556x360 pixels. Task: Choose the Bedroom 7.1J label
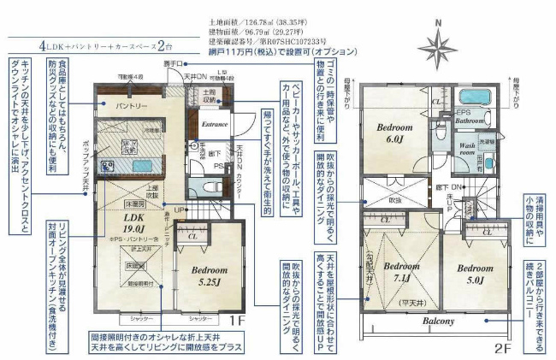[401, 271]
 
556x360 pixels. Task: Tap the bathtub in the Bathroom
[474, 97]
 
